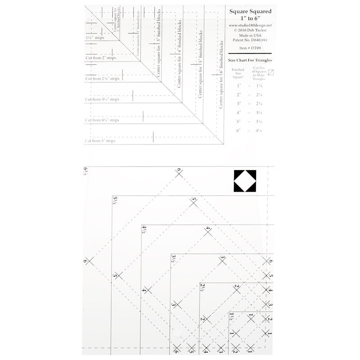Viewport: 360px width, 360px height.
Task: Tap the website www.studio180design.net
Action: click(x=251, y=26)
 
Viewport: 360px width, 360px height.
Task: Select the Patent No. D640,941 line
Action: click(x=251, y=40)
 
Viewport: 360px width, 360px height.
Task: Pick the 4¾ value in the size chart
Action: click(x=258, y=130)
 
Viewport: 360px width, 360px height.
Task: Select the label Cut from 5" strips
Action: click(x=100, y=141)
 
